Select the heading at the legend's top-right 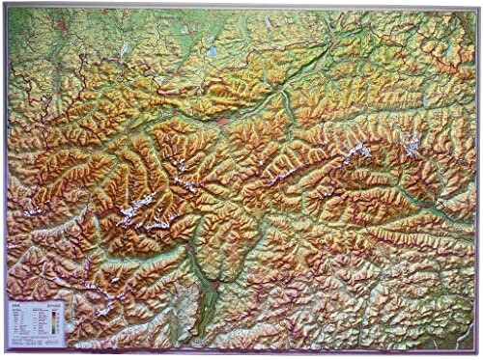pos(49,308)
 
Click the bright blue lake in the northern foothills pos(212,50)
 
